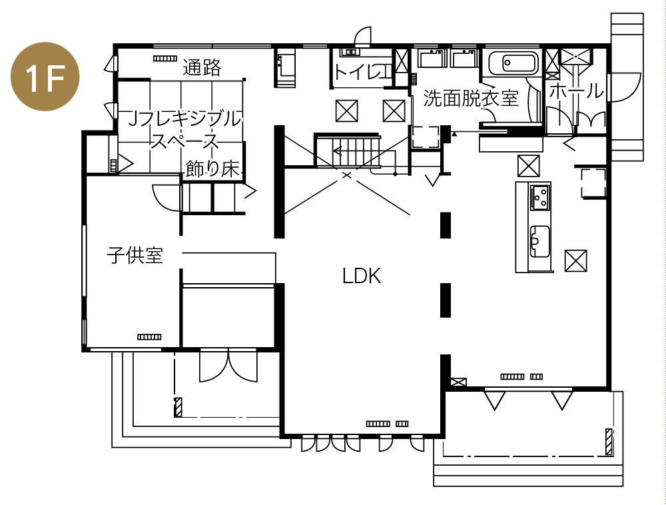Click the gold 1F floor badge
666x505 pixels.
click(45, 77)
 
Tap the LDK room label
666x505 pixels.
click(362, 276)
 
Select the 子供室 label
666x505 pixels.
click(135, 255)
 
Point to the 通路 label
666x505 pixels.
click(202, 67)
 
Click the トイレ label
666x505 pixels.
click(362, 72)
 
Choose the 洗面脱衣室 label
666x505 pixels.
click(471, 98)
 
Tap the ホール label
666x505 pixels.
click(576, 91)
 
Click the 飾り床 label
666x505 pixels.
click(213, 169)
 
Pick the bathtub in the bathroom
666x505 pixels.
click(513, 64)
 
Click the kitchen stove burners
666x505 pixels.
click(540, 197)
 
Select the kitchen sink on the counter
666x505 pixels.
click(540, 242)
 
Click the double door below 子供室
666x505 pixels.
click(228, 365)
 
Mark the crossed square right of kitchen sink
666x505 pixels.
click(575, 260)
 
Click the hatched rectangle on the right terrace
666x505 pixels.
click(609, 442)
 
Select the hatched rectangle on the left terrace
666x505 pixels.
click(178, 407)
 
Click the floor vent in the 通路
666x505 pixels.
click(165, 58)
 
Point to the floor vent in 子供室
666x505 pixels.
click(149, 337)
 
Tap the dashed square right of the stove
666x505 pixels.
click(593, 183)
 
